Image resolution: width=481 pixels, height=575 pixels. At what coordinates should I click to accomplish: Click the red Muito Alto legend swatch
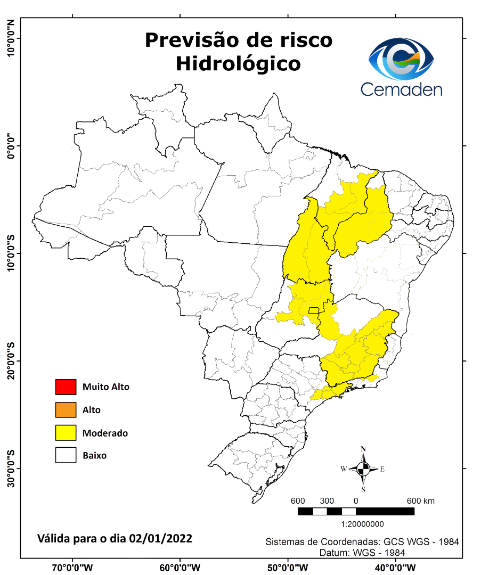tap(66, 387)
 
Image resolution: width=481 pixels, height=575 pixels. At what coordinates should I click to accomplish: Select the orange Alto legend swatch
tap(66, 410)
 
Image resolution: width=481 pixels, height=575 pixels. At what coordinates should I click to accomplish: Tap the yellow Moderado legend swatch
tap(66, 433)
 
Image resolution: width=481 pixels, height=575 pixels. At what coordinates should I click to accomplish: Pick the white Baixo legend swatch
tap(66, 456)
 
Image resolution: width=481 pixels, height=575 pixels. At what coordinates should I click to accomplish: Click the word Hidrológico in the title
tap(238, 63)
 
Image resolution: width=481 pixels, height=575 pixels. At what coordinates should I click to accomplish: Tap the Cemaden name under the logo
tap(401, 89)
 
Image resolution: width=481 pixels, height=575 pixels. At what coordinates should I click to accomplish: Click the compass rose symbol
tap(363, 469)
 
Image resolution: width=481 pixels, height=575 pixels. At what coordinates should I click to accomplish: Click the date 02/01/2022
tap(160, 538)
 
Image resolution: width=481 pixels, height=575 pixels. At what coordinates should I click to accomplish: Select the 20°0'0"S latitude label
tap(10, 361)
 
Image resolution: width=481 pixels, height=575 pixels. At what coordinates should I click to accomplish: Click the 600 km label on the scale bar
tap(421, 501)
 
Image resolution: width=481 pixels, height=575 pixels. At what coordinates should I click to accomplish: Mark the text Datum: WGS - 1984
tap(362, 553)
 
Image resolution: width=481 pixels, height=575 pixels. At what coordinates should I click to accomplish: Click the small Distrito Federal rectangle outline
tap(314, 310)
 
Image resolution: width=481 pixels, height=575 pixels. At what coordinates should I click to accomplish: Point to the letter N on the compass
tap(363, 448)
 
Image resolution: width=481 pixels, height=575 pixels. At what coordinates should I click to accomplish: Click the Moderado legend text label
tap(105, 433)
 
